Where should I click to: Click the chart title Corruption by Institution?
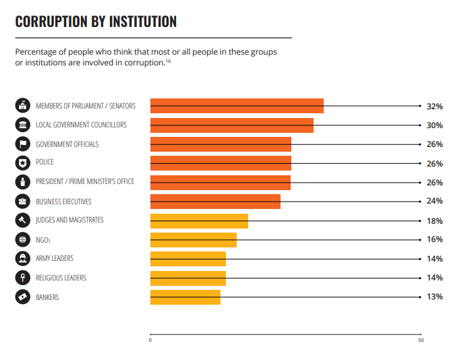click(96, 22)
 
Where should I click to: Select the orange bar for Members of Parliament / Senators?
click(237, 106)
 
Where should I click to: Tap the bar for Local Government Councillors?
click(231, 125)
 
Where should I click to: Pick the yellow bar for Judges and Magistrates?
click(199, 220)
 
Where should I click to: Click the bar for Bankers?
click(185, 297)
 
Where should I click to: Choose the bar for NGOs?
click(193, 240)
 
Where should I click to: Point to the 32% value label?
click(434, 107)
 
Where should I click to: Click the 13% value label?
click(434, 297)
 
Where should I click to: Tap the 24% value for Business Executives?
click(434, 202)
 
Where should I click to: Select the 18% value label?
click(434, 220)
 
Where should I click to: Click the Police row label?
click(45, 162)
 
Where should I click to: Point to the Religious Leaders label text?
click(61, 278)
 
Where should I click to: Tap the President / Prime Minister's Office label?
click(85, 182)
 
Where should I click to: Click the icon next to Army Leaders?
click(23, 259)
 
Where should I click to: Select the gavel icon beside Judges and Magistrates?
click(23, 220)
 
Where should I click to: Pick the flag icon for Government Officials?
click(23, 144)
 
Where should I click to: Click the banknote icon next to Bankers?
click(23, 297)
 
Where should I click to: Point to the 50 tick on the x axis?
click(421, 340)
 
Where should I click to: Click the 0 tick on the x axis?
click(150, 340)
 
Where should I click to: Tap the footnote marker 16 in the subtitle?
click(168, 61)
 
